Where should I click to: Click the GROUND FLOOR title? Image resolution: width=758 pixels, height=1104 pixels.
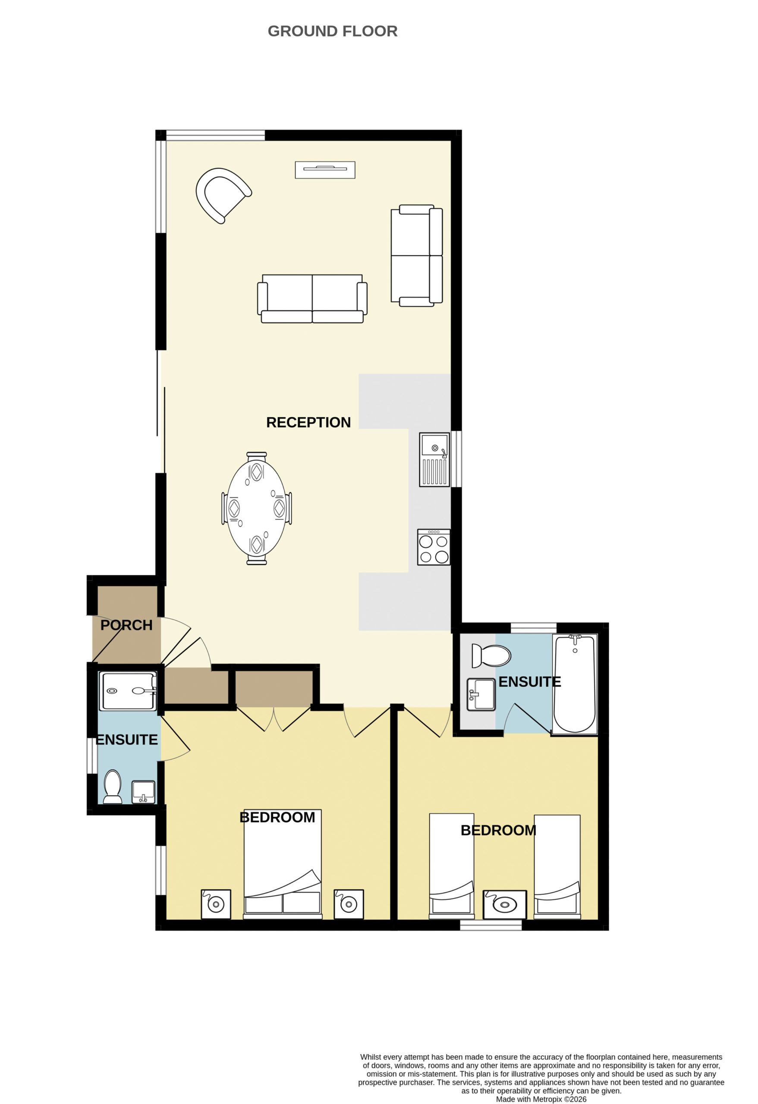(x=332, y=31)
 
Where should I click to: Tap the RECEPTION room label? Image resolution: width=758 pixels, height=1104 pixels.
(x=308, y=422)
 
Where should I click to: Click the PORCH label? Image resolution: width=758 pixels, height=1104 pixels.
(x=126, y=625)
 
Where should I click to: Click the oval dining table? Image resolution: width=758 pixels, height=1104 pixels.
(x=257, y=508)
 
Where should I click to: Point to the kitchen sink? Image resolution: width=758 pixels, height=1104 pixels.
(x=434, y=459)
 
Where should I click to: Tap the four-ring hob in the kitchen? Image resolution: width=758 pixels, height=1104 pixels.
(x=434, y=547)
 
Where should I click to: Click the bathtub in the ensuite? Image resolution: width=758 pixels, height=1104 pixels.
(x=575, y=684)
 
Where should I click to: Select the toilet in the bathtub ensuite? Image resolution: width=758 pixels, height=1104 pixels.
(x=491, y=655)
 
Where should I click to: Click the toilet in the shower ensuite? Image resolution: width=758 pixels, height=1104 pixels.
(x=113, y=786)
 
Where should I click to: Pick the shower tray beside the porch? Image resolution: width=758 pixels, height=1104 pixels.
(x=128, y=691)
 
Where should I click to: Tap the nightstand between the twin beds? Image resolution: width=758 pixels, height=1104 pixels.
(x=505, y=904)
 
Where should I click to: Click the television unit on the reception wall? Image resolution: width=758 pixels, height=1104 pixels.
(x=325, y=169)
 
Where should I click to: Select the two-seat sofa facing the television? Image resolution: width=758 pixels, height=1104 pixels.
(x=312, y=299)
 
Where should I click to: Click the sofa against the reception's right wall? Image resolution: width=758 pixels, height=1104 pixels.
(x=417, y=256)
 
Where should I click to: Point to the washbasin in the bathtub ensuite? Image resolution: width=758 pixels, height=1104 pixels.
(x=481, y=694)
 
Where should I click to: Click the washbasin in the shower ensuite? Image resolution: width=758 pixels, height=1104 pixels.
(x=143, y=792)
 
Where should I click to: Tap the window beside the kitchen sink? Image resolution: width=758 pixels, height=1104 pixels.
(x=456, y=459)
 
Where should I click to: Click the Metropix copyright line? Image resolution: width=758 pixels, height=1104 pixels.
(x=541, y=1099)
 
